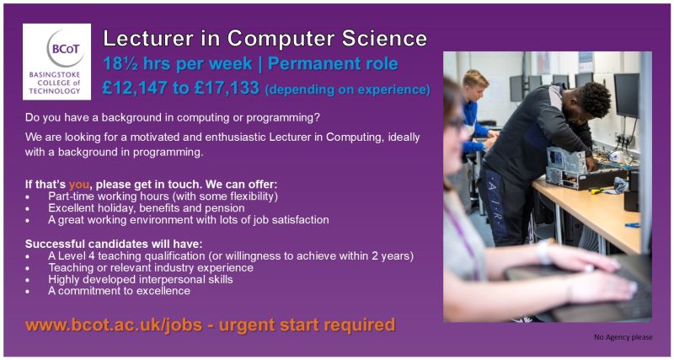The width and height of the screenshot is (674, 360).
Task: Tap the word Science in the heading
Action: click(x=386, y=38)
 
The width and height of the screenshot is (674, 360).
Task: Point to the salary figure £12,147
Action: click(x=138, y=87)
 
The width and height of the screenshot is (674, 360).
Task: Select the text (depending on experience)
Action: click(x=347, y=89)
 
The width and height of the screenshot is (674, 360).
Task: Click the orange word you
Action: click(x=78, y=184)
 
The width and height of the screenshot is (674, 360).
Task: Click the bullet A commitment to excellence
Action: click(x=119, y=291)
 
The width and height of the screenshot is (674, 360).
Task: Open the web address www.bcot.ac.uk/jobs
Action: click(x=120, y=325)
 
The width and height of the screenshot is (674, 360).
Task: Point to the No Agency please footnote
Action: click(x=623, y=337)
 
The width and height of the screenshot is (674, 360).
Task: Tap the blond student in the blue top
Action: click(x=477, y=110)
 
